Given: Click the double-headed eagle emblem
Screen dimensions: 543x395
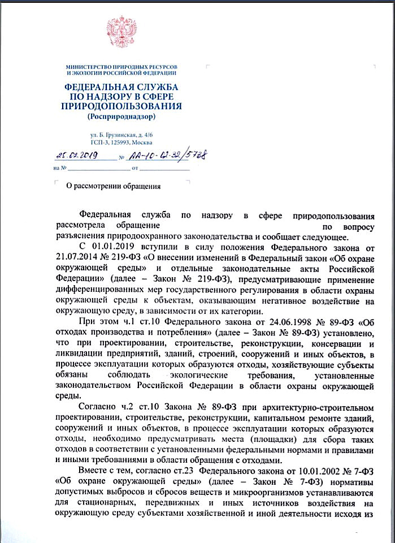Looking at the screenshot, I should point(121,31).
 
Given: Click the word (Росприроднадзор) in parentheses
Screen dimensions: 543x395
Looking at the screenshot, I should point(121,117).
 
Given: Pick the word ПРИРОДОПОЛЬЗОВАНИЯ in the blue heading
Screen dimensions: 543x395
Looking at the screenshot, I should point(121,106).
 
